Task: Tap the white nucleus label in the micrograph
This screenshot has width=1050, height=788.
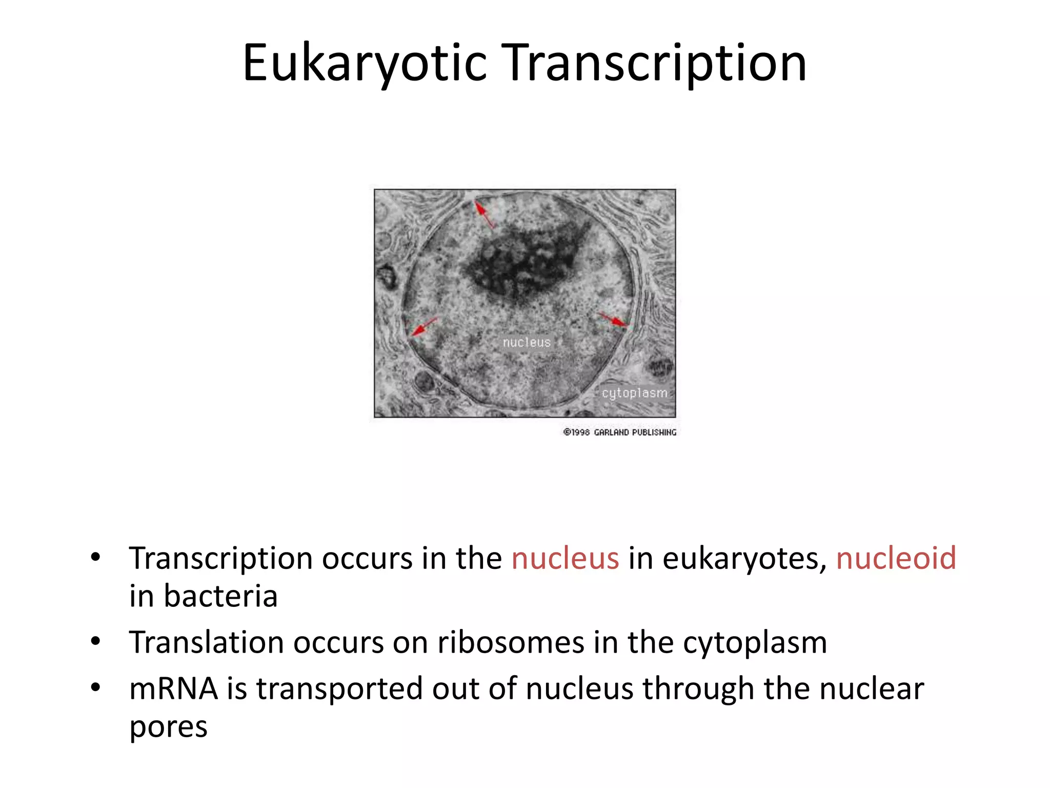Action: [527, 342]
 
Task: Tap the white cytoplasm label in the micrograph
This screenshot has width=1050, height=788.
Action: [635, 393]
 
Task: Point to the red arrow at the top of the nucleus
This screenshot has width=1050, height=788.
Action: [484, 214]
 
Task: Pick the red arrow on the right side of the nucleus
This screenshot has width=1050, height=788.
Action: [613, 320]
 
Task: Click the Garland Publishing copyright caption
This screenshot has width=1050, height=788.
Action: [620, 432]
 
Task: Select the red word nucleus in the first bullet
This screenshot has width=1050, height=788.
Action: [565, 558]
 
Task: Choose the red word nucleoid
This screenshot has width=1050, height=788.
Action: [896, 558]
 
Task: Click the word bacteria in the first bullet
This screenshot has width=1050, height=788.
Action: [220, 596]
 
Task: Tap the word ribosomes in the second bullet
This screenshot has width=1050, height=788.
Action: [510, 642]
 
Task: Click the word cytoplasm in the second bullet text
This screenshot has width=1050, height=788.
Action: [755, 643]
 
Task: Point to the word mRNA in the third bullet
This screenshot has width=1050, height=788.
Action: [173, 688]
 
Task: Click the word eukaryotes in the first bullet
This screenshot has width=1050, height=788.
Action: [744, 559]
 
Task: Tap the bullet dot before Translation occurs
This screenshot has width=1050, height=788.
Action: [95, 642]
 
